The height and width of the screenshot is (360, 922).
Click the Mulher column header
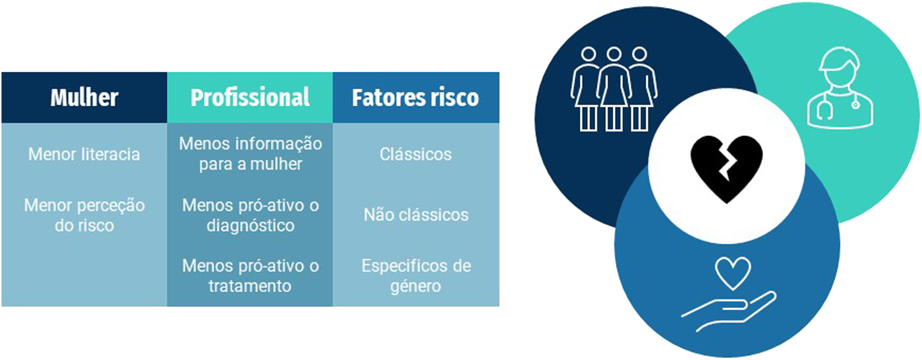(84, 98)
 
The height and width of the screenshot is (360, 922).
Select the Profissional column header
(250, 98)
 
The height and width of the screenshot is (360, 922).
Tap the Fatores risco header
(416, 98)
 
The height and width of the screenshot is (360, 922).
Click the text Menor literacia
(84, 154)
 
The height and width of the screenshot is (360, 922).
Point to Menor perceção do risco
(84, 215)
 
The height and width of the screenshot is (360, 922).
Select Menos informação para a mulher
(250, 154)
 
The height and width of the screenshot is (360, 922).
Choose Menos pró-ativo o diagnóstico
(250, 215)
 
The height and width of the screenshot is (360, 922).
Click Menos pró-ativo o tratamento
(250, 276)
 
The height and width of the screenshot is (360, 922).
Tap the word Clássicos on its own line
(416, 154)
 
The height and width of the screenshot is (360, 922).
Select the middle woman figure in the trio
(614, 90)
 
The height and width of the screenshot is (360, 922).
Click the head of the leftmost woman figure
(589, 54)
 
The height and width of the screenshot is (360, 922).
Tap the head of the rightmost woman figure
(639, 54)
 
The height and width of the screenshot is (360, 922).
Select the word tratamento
(250, 286)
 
